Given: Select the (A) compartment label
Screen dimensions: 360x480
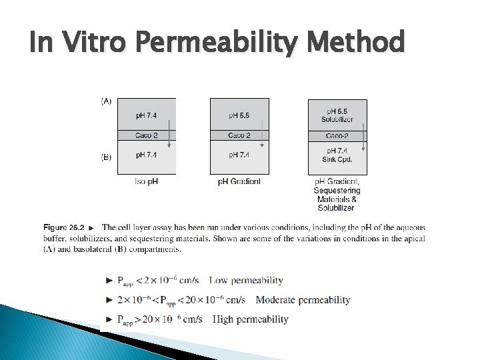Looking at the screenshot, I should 106,101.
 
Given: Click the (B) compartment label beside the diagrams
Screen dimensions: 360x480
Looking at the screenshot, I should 106,157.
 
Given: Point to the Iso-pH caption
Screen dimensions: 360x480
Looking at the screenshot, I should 147,181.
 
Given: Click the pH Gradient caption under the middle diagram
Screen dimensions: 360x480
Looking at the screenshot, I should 239,181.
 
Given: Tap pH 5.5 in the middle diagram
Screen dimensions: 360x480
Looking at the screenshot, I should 239,115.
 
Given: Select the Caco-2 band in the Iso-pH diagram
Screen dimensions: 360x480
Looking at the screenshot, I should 147,135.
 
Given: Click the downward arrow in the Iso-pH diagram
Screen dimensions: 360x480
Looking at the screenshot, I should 169,133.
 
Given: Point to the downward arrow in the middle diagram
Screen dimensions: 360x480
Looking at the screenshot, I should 263,133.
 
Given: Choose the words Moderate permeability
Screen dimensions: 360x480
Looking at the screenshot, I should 303,300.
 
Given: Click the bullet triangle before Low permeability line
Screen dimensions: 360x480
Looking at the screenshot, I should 109,280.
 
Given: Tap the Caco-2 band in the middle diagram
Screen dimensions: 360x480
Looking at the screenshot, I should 239,135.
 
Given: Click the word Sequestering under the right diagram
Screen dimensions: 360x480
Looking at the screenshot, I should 337,191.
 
